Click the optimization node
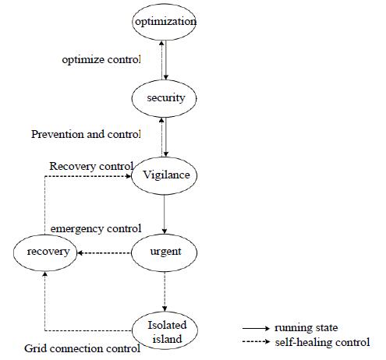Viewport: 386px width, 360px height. tap(164, 22)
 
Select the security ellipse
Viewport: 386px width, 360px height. tap(164, 98)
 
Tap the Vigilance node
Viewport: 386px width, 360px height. tap(165, 175)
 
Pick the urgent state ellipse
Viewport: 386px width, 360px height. tap(165, 252)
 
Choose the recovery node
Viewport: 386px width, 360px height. tap(45, 252)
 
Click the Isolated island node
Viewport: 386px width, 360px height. tap(165, 330)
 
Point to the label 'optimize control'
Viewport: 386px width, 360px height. tap(101, 60)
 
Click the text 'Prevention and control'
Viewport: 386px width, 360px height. tap(86, 134)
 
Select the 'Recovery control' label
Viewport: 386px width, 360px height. tap(91, 167)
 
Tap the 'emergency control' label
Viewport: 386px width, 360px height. tap(96, 229)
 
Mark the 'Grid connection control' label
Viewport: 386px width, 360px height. tap(83, 348)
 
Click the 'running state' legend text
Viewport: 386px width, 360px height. tap(306, 328)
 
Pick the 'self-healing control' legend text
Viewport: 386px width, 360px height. tap(323, 342)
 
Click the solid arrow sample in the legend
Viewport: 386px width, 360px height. tap(256, 328)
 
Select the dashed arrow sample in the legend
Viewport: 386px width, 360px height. tap(256, 341)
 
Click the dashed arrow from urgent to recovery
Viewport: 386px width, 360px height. tap(104, 252)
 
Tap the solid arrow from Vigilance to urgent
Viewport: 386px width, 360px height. tap(165, 214)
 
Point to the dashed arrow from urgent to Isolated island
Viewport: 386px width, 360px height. tap(165, 291)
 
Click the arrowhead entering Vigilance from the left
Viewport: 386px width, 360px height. tap(128, 176)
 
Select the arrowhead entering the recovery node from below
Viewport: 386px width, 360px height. tap(45, 274)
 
